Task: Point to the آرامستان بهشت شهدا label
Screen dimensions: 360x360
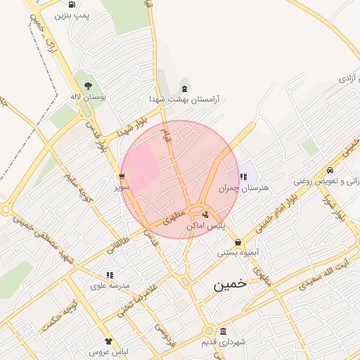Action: click(x=184, y=100)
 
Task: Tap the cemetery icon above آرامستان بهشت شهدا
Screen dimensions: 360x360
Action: click(x=184, y=89)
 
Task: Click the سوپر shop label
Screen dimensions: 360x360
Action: click(x=122, y=188)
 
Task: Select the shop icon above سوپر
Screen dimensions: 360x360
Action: click(x=122, y=176)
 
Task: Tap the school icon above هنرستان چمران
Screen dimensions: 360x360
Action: click(x=243, y=176)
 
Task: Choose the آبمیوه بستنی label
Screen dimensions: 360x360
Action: click(x=238, y=252)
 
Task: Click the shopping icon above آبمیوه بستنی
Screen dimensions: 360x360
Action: click(x=238, y=241)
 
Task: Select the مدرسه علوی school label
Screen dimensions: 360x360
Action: click(x=109, y=286)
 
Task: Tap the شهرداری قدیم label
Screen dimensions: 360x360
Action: click(x=224, y=342)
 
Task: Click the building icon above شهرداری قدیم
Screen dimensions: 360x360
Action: click(x=224, y=331)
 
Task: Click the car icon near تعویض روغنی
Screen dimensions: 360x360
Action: click(x=330, y=169)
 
